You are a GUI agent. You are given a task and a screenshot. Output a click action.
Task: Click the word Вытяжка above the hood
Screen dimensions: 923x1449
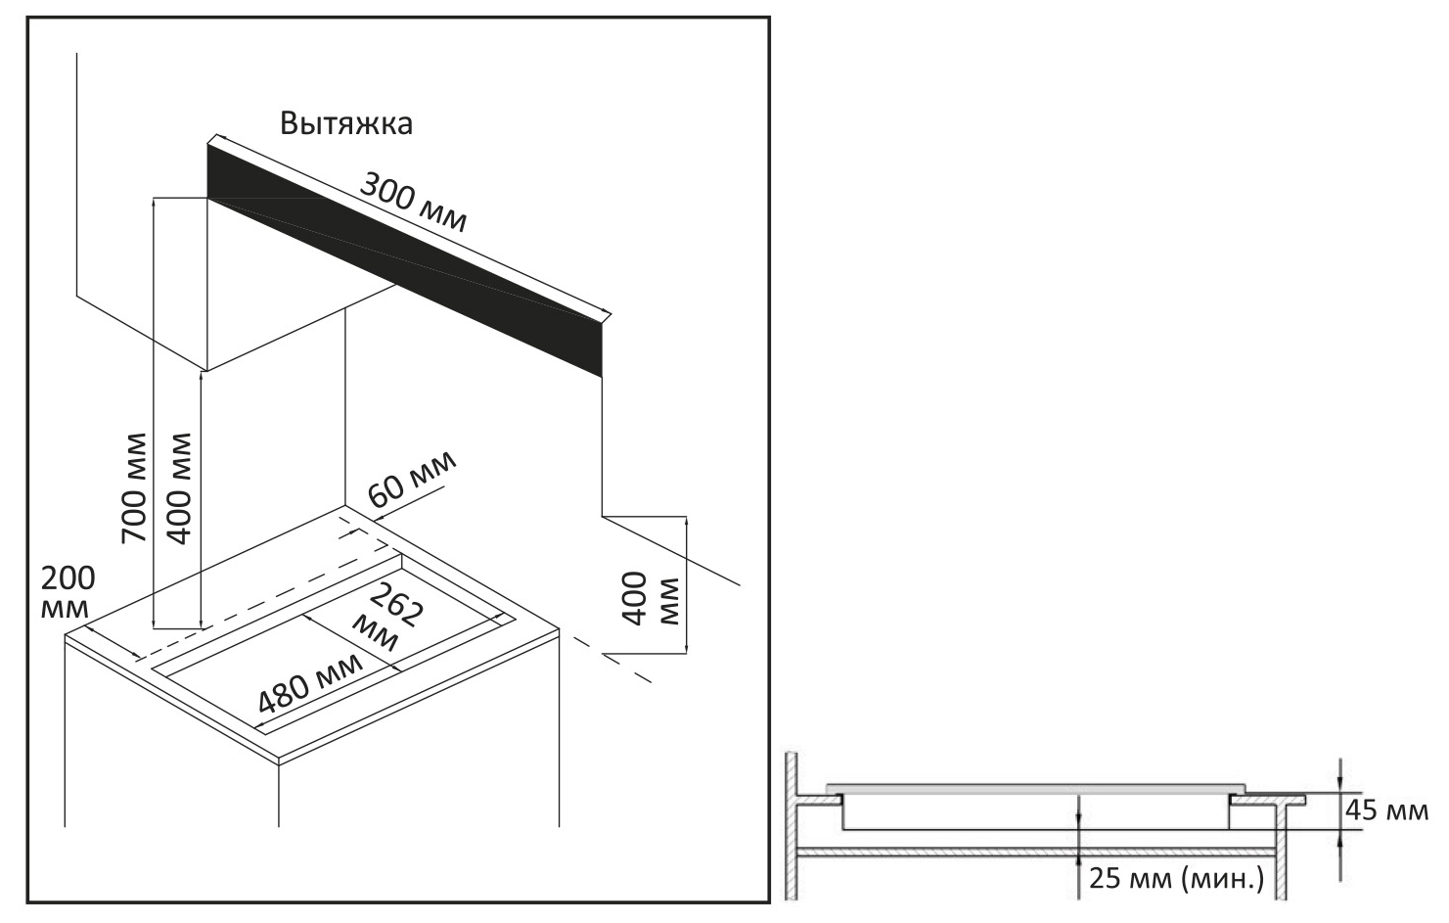pos(345,124)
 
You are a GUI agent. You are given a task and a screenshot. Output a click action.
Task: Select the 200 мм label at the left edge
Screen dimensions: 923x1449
pos(68,591)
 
